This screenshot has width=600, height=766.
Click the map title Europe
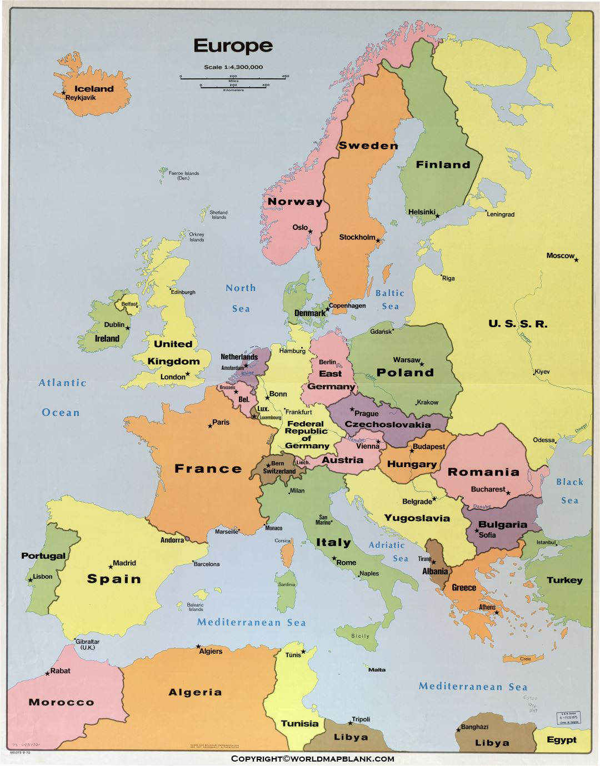coord(233,46)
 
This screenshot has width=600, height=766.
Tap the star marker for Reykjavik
coord(64,92)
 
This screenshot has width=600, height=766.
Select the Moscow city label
coord(560,256)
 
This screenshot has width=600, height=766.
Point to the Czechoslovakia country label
coord(387,424)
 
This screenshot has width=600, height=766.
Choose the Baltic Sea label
coord(390,299)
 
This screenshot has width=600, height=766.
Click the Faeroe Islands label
coord(184,176)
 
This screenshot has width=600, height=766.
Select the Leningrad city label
coord(501,214)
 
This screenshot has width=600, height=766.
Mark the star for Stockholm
coord(378,241)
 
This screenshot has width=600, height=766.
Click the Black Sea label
coord(569,491)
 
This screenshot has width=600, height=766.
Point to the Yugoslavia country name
coord(417,518)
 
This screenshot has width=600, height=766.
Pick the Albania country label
coord(435,571)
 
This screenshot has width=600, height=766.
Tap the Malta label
coord(377,669)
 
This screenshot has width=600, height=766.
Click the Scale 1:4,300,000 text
coord(233,67)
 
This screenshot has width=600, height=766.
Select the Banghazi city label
coord(474,727)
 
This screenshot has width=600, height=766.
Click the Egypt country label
coord(561,739)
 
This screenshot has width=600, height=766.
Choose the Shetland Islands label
coord(219,214)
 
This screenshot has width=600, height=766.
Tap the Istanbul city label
coord(546,542)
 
